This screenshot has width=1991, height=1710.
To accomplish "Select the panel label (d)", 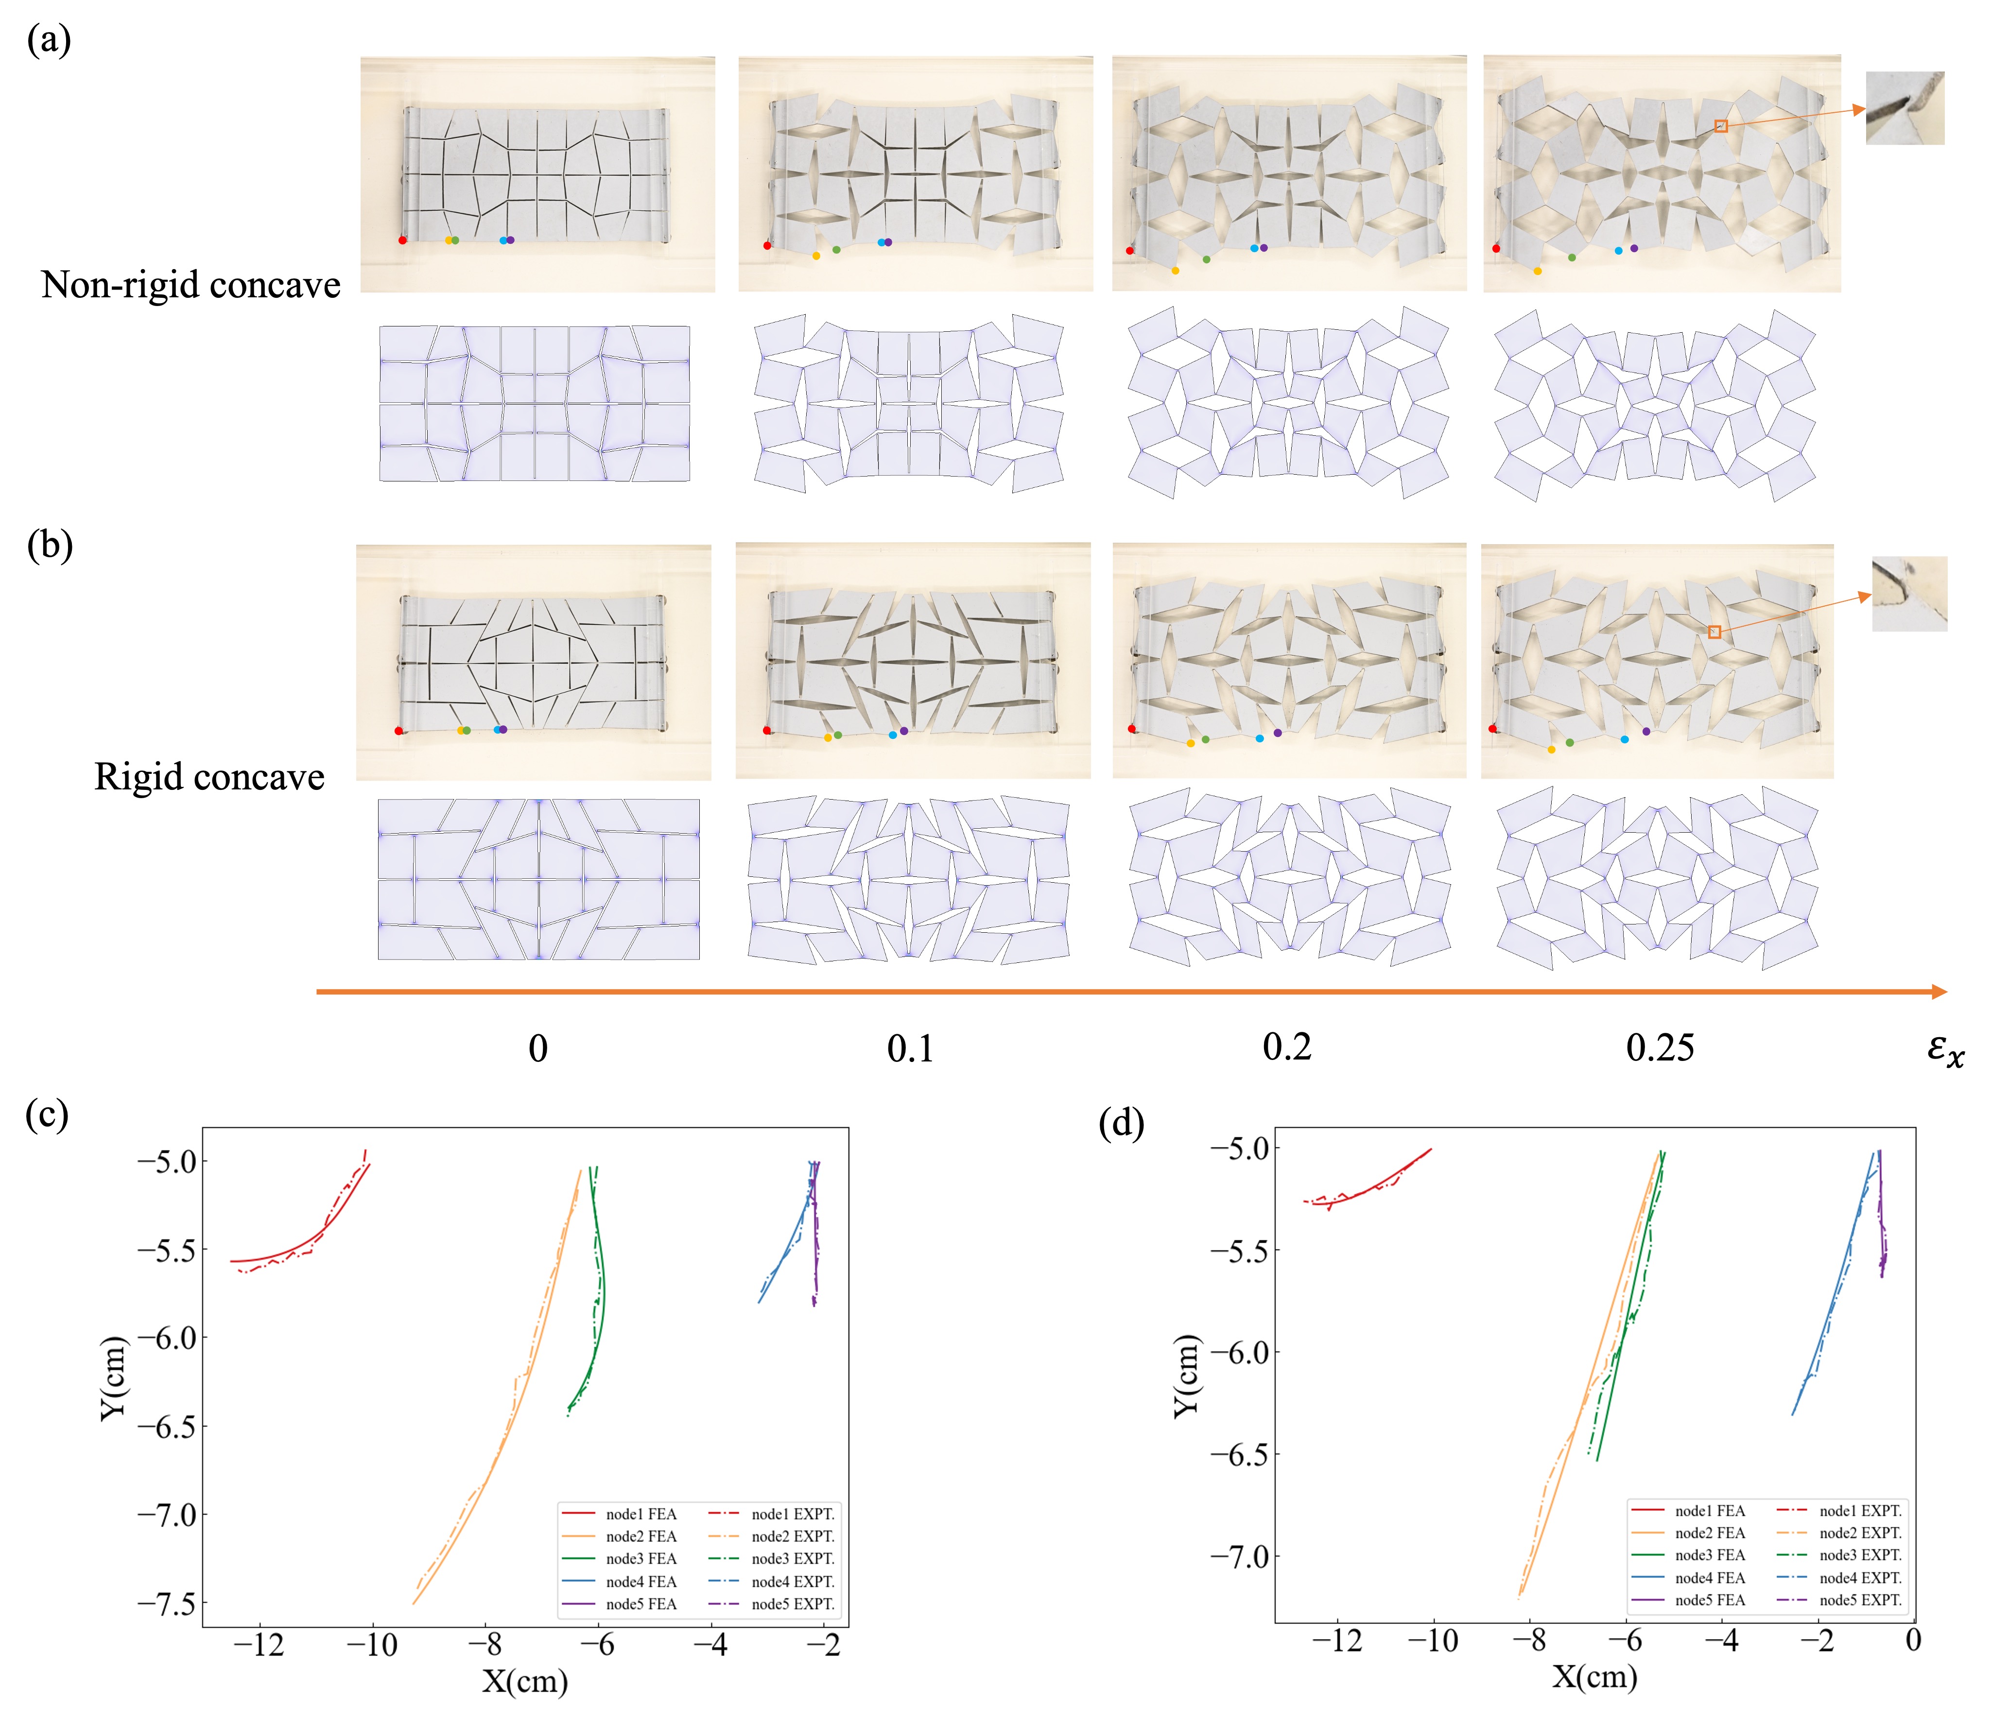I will click(x=1122, y=1122).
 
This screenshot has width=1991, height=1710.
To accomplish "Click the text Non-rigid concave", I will click(x=190, y=285).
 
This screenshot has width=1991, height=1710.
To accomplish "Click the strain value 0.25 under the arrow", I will click(x=1660, y=1047).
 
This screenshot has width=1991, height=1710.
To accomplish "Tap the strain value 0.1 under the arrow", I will click(x=909, y=1048).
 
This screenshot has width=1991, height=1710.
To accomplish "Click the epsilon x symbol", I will click(x=1945, y=1049).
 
